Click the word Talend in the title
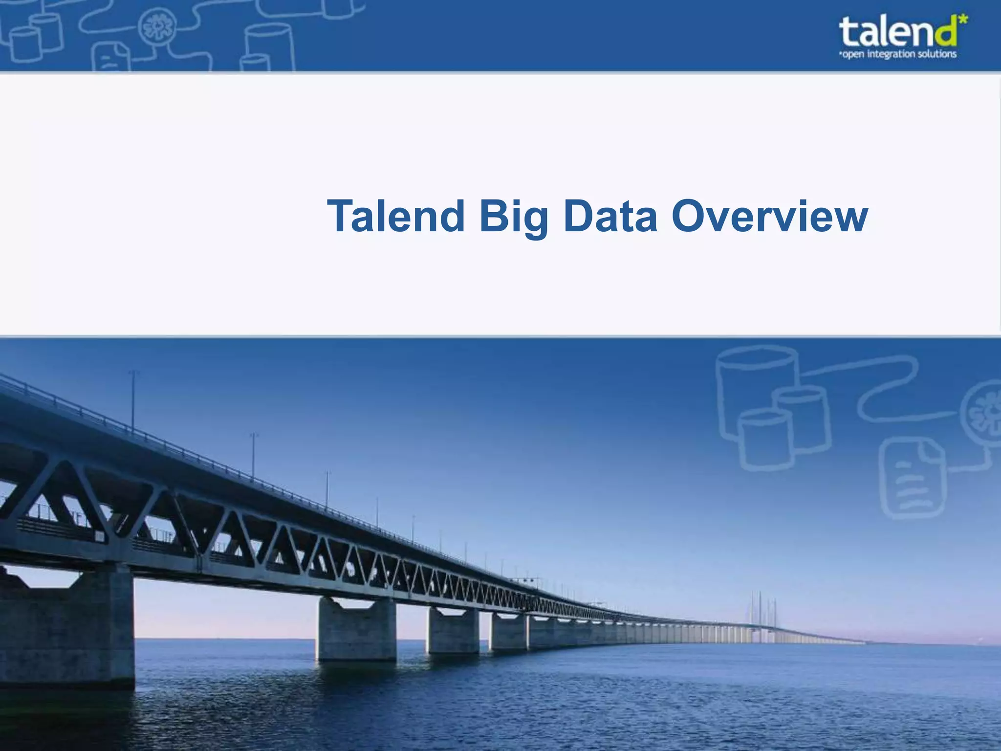click(396, 217)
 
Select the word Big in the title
click(513, 217)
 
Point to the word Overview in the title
click(769, 217)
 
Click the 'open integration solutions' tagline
click(897, 54)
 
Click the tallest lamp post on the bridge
click(133, 401)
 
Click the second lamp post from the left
click(253, 455)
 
